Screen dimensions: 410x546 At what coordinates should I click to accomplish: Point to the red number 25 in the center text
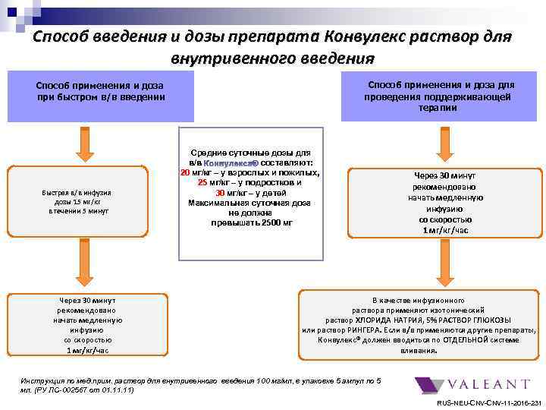202,182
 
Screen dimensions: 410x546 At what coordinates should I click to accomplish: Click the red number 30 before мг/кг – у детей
221,192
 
